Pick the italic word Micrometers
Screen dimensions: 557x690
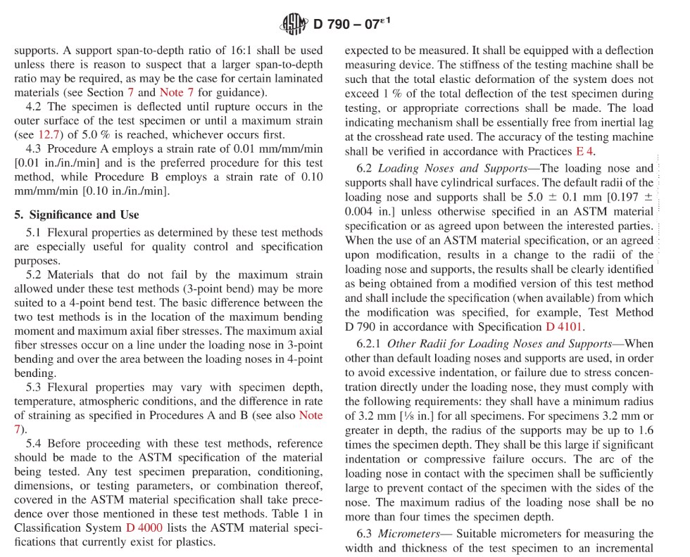[409, 534]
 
